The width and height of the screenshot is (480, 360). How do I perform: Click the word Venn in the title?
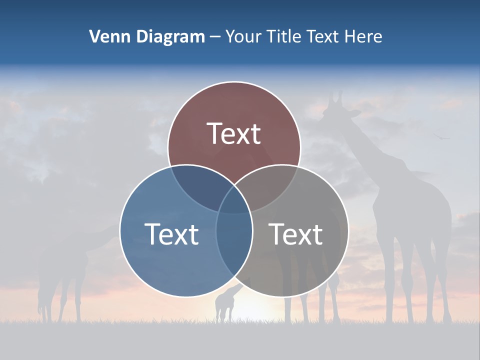point(106,36)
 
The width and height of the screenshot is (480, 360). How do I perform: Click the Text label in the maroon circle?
point(234,133)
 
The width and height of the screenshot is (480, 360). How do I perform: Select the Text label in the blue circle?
point(171,234)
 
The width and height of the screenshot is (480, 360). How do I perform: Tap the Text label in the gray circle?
point(296,234)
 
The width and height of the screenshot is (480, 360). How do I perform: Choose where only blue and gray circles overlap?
point(234,245)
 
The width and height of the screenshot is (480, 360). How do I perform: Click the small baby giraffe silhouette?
point(225,302)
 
